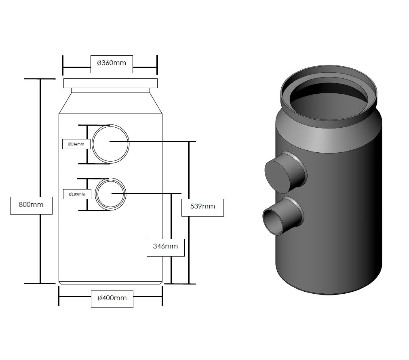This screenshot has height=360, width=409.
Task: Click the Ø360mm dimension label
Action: pos(112,63)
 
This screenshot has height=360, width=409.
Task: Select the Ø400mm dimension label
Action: pos(112,298)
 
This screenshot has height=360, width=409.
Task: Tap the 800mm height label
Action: pos(31,204)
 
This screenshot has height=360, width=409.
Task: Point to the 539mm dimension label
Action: pos(202,206)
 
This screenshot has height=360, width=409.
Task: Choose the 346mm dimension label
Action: pos(165,246)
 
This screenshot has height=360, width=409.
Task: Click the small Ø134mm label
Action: pos(76,144)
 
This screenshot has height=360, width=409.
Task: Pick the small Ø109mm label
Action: pos(77,194)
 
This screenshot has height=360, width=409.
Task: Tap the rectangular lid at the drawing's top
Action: pos(111,83)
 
